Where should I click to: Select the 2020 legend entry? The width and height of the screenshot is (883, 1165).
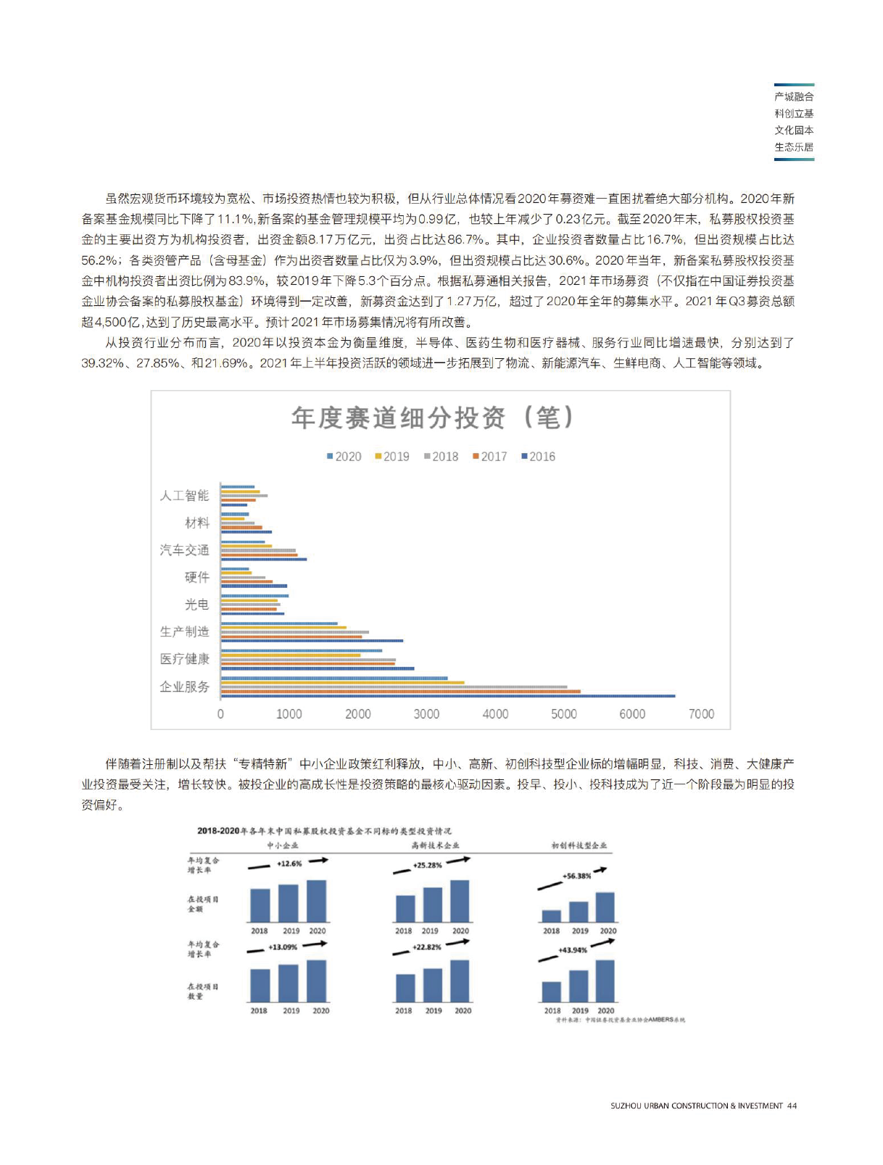(344, 457)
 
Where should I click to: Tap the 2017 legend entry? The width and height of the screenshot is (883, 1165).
(490, 457)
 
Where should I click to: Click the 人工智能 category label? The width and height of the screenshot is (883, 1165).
(184, 495)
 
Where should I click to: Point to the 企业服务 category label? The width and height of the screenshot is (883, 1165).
(184, 687)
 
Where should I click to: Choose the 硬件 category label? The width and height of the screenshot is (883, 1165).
(196, 577)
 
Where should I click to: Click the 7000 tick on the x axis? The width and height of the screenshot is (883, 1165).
(701, 714)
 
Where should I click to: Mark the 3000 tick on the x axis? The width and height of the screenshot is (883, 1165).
(426, 714)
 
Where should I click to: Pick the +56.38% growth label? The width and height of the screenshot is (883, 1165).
(576, 876)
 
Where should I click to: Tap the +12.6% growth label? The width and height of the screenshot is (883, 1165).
(289, 863)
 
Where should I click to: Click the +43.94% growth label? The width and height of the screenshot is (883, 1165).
(573, 950)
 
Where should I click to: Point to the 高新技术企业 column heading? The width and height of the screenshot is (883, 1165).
(435, 845)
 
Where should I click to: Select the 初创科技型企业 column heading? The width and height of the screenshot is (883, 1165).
(579, 845)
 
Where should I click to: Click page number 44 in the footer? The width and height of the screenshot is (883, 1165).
(792, 1106)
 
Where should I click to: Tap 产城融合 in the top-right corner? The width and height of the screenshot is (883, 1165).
(794, 96)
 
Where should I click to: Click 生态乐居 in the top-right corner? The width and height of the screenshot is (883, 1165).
(794, 147)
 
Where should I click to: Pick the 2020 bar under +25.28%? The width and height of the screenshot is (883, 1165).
(460, 901)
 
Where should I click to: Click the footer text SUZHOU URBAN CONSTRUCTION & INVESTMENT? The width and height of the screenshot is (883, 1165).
(696, 1106)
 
